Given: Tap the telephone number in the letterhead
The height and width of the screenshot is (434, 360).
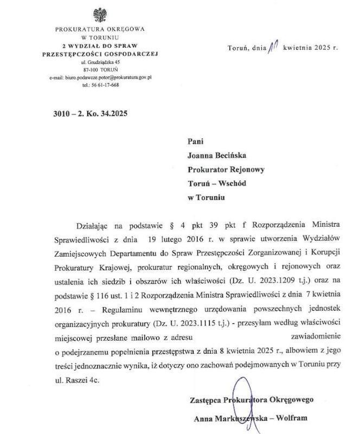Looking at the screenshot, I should pyautogui.click(x=100, y=85).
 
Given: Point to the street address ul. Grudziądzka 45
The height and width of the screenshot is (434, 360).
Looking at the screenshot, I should pyautogui.click(x=100, y=63).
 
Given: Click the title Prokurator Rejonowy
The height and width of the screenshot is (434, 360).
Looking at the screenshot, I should pyautogui.click(x=226, y=169).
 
